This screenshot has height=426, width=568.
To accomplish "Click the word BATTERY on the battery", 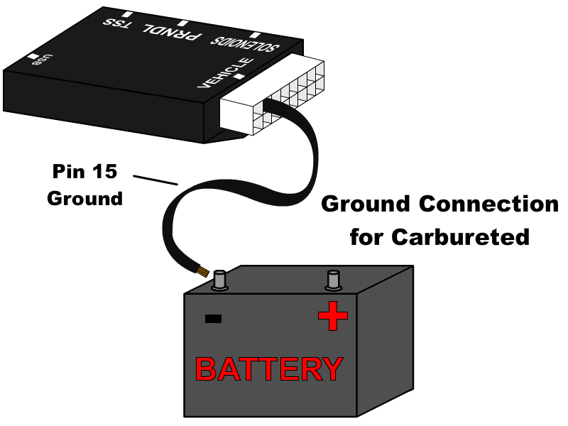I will click(268, 369).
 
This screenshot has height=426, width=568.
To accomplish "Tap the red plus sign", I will click(332, 316).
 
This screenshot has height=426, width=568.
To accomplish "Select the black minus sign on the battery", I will click(213, 319).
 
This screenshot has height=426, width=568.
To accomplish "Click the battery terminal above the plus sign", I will click(333, 280).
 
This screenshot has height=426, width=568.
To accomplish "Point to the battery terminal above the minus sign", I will click(219, 280).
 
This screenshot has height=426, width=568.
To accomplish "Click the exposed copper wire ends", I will click(202, 271).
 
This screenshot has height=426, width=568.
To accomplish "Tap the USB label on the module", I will click(43, 60).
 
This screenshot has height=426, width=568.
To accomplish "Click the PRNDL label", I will click(173, 32).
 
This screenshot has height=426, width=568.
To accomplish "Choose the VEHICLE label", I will click(225, 72).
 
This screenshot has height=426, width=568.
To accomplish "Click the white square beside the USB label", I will click(33, 56).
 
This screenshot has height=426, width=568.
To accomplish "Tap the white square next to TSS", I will click(127, 14).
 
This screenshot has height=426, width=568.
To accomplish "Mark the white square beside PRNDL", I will click(182, 23).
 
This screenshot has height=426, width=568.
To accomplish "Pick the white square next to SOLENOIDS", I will click(255, 35).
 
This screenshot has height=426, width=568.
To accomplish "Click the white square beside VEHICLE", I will click(239, 76).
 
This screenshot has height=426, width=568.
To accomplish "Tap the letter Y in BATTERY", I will click(332, 369).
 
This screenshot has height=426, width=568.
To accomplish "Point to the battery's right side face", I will click(384, 341).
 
